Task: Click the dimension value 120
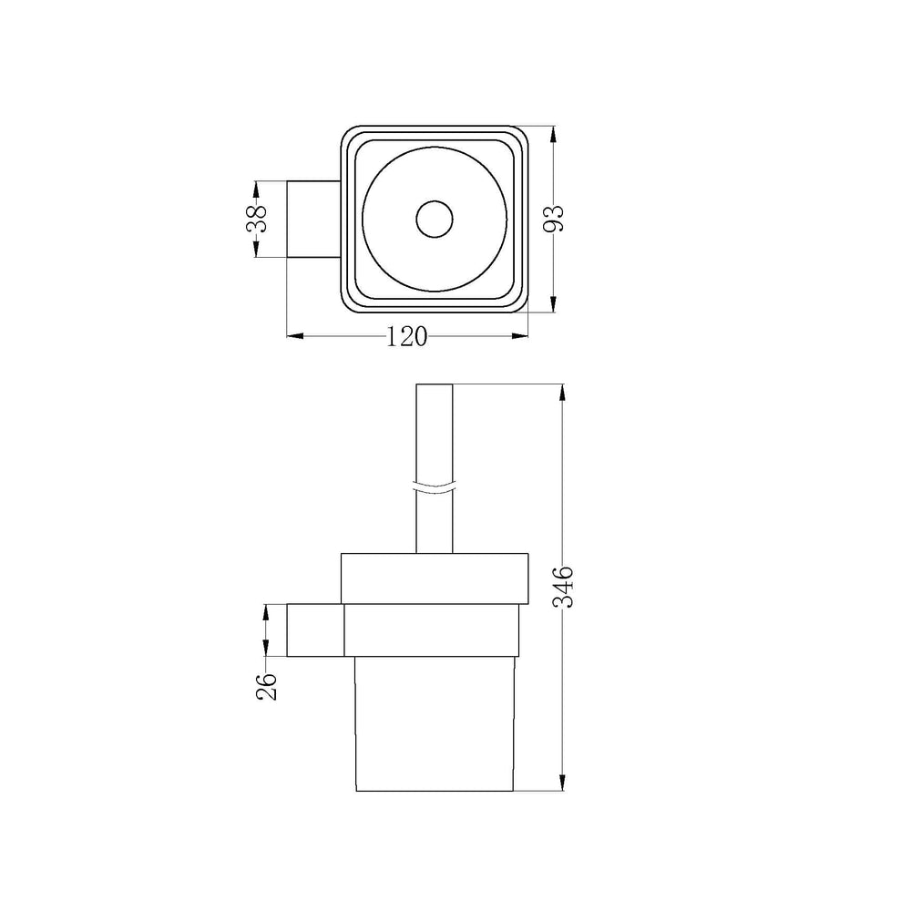(x=407, y=336)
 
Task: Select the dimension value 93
(x=553, y=219)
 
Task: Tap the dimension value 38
(x=256, y=219)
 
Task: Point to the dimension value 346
(x=562, y=587)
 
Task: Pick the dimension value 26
(x=266, y=686)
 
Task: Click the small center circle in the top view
(x=435, y=219)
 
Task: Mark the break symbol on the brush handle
(x=435, y=487)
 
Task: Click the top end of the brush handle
(x=435, y=384)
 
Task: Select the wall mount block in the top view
(x=313, y=219)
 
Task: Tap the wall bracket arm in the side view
(x=315, y=630)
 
